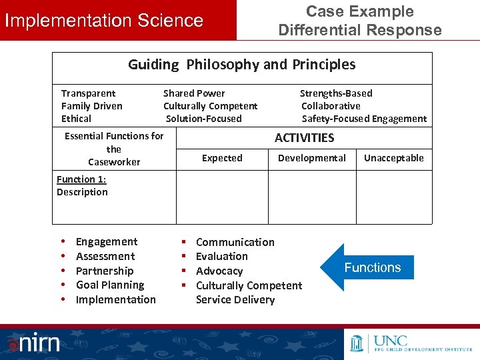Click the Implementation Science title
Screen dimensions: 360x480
[104, 21]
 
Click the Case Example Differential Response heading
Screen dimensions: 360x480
[359, 21]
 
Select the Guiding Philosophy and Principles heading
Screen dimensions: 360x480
[241, 65]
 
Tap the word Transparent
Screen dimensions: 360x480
[88, 93]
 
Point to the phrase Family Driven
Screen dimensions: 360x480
[91, 106]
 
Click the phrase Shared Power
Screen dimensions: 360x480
[194, 93]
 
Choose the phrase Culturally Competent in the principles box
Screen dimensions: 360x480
[210, 106]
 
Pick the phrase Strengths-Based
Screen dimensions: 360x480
[336, 93]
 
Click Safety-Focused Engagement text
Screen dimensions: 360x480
[364, 119]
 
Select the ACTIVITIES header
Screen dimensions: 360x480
[305, 138]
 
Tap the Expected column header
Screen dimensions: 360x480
[222, 158]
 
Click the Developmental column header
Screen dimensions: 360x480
[311, 158]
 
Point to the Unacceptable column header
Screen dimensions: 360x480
[393, 158]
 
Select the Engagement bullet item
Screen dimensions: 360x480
[107, 242]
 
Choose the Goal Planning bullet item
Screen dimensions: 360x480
[110, 285]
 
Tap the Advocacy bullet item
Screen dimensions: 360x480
[219, 271]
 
